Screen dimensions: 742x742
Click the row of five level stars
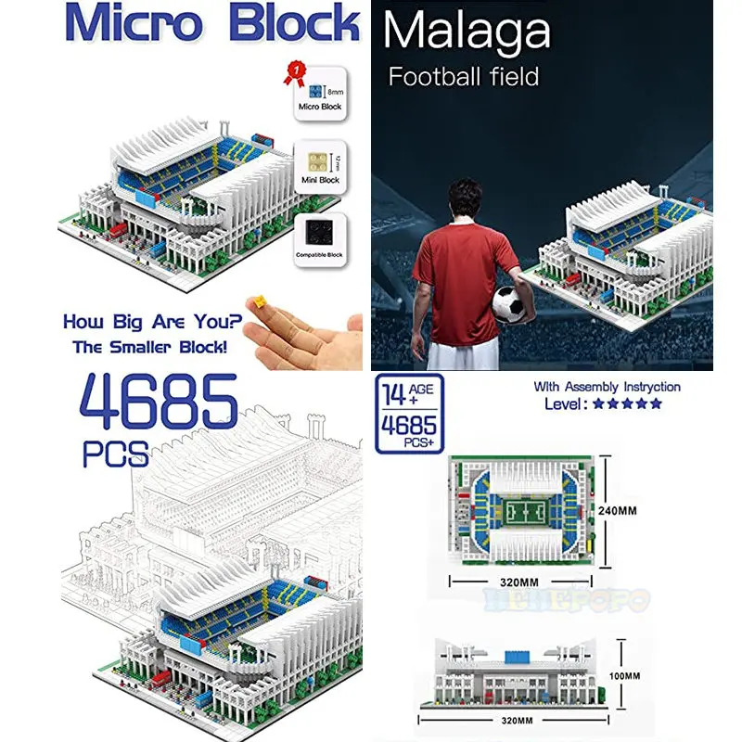click(628, 403)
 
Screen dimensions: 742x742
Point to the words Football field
click(464, 76)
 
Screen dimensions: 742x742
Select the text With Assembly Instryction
click(607, 387)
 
